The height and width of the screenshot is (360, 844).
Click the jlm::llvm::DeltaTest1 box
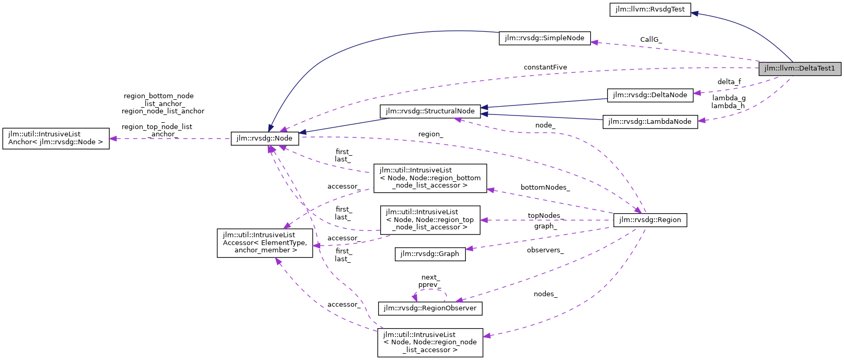pyautogui.click(x=800, y=68)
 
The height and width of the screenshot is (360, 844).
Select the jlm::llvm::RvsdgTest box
pyautogui.click(x=650, y=9)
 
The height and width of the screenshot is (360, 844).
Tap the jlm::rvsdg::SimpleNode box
pyautogui.click(x=544, y=38)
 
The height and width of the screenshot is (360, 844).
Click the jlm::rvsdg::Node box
pyautogui.click(x=265, y=138)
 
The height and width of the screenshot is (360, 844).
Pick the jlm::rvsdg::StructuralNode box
pyautogui.click(x=430, y=111)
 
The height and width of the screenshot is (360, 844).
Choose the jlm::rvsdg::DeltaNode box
pyautogui.click(x=650, y=95)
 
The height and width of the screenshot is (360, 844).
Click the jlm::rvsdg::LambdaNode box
pyautogui.click(x=650, y=122)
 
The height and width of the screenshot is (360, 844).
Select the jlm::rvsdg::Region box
pyautogui.click(x=650, y=220)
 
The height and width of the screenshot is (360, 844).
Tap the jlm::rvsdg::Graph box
pyautogui.click(x=429, y=254)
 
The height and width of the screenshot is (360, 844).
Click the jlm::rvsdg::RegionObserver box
pyautogui.click(x=429, y=308)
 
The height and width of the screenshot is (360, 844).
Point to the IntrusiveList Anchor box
pyautogui.click(x=56, y=138)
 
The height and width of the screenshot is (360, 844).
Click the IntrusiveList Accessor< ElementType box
pyautogui.click(x=265, y=242)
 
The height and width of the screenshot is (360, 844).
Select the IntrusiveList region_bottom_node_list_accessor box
pyautogui.click(x=430, y=178)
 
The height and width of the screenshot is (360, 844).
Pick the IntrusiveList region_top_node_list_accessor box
pyautogui.click(x=430, y=219)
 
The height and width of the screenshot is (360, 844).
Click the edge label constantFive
pyautogui.click(x=545, y=67)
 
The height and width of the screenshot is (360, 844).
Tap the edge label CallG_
pyautogui.click(x=651, y=40)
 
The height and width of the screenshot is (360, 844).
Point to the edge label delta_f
pyautogui.click(x=729, y=82)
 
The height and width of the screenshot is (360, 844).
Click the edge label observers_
pyautogui.click(x=545, y=250)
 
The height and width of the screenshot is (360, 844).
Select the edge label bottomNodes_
pyautogui.click(x=545, y=188)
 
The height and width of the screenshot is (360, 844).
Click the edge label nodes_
pyautogui.click(x=545, y=294)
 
